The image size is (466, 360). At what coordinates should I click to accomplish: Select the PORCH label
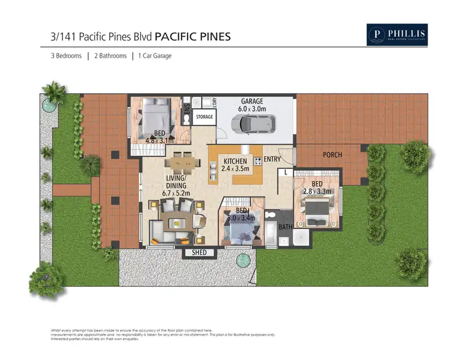tap(332, 155)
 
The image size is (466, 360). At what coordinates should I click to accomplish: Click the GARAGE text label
tap(252, 101)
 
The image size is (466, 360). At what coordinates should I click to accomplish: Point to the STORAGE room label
tap(204, 117)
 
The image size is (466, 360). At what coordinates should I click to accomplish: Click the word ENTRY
tap(272, 160)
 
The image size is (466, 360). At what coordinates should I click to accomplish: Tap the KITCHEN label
tap(236, 161)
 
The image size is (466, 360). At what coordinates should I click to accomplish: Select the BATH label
tap(285, 228)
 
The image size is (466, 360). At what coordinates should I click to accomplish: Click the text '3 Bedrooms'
tap(66, 56)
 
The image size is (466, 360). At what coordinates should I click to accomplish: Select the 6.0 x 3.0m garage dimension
tap(252, 109)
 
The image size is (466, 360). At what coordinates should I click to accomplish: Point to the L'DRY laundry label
tap(213, 102)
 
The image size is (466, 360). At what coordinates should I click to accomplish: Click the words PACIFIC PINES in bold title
tap(192, 37)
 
